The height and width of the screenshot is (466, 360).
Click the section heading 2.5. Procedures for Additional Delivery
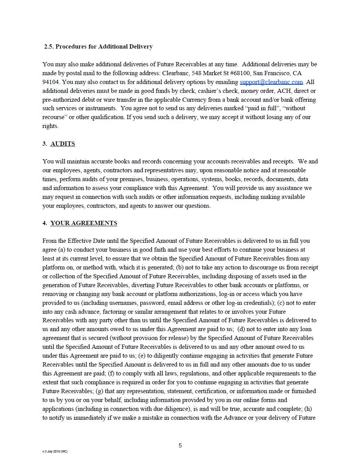[98, 47]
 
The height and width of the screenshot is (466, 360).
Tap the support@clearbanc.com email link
[271, 82]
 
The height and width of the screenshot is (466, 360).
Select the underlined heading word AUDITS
[63, 144]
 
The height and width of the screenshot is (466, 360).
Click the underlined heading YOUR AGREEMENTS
[84, 223]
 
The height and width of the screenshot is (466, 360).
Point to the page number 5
[180, 446]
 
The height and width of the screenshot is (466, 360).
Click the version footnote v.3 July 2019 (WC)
[55, 451]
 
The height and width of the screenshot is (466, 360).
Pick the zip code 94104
[51, 82]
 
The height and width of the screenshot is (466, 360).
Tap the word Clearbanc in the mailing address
[175, 73]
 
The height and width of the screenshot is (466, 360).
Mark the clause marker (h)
[308, 409]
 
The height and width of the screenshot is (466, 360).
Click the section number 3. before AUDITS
[45, 144]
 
